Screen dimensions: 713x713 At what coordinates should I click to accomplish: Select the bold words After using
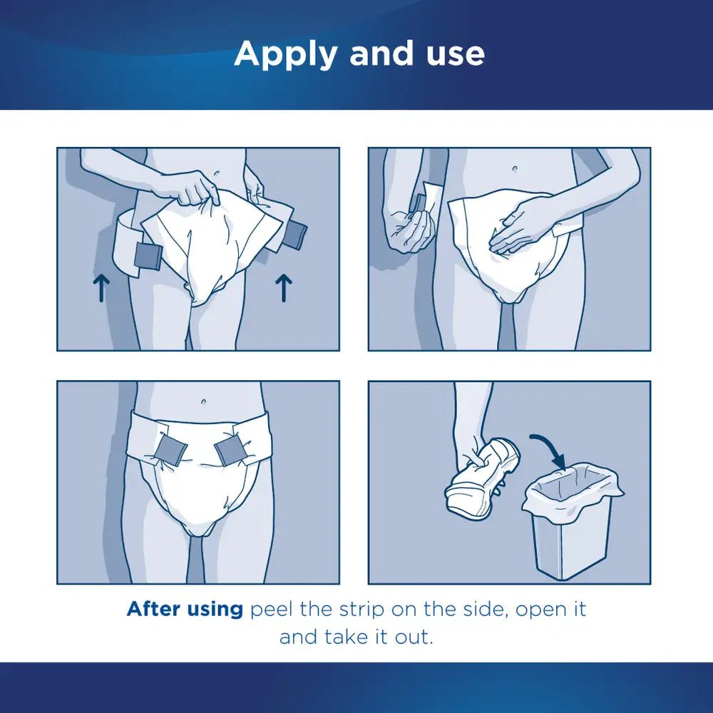click(185, 610)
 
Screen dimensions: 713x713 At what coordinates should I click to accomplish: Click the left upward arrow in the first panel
click(100, 288)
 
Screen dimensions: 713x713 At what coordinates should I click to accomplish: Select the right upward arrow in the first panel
click(284, 288)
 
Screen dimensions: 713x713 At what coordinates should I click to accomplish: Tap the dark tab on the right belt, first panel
click(294, 235)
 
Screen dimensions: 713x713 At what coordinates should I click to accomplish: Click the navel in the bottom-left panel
click(205, 402)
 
